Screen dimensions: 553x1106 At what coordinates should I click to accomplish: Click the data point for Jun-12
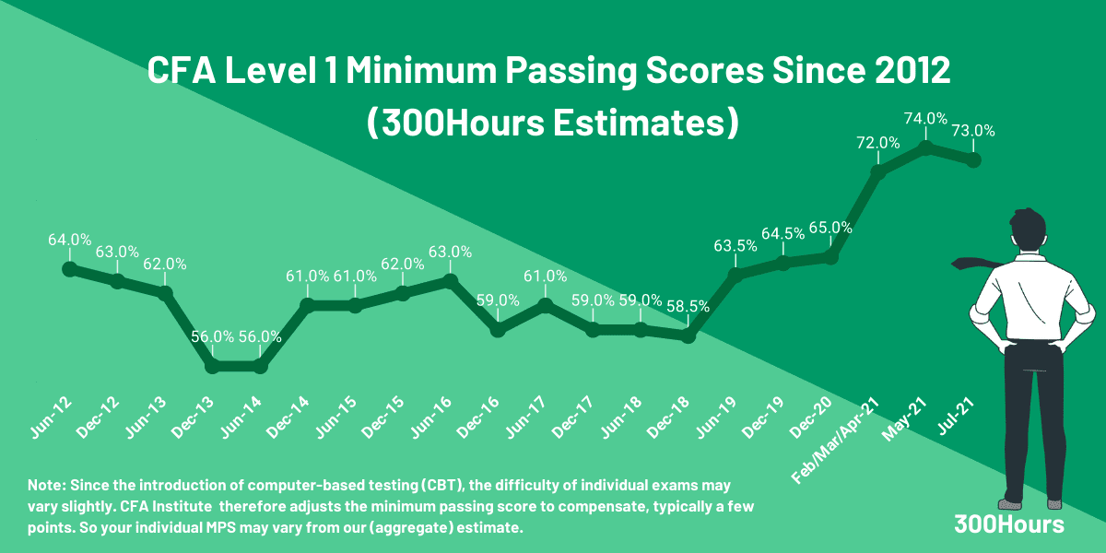69,269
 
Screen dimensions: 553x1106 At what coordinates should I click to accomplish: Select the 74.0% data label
925,118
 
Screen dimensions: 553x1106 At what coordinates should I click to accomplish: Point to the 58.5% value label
688,307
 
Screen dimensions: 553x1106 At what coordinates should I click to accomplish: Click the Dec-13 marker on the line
212,367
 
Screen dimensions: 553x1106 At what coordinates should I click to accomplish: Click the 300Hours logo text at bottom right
1009,524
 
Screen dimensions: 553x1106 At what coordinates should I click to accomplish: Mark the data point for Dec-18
688,336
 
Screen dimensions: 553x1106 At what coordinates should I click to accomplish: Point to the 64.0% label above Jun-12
69,240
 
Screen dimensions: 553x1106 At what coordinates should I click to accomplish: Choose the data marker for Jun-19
735,275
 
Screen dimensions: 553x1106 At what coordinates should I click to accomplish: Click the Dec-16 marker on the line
498,329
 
